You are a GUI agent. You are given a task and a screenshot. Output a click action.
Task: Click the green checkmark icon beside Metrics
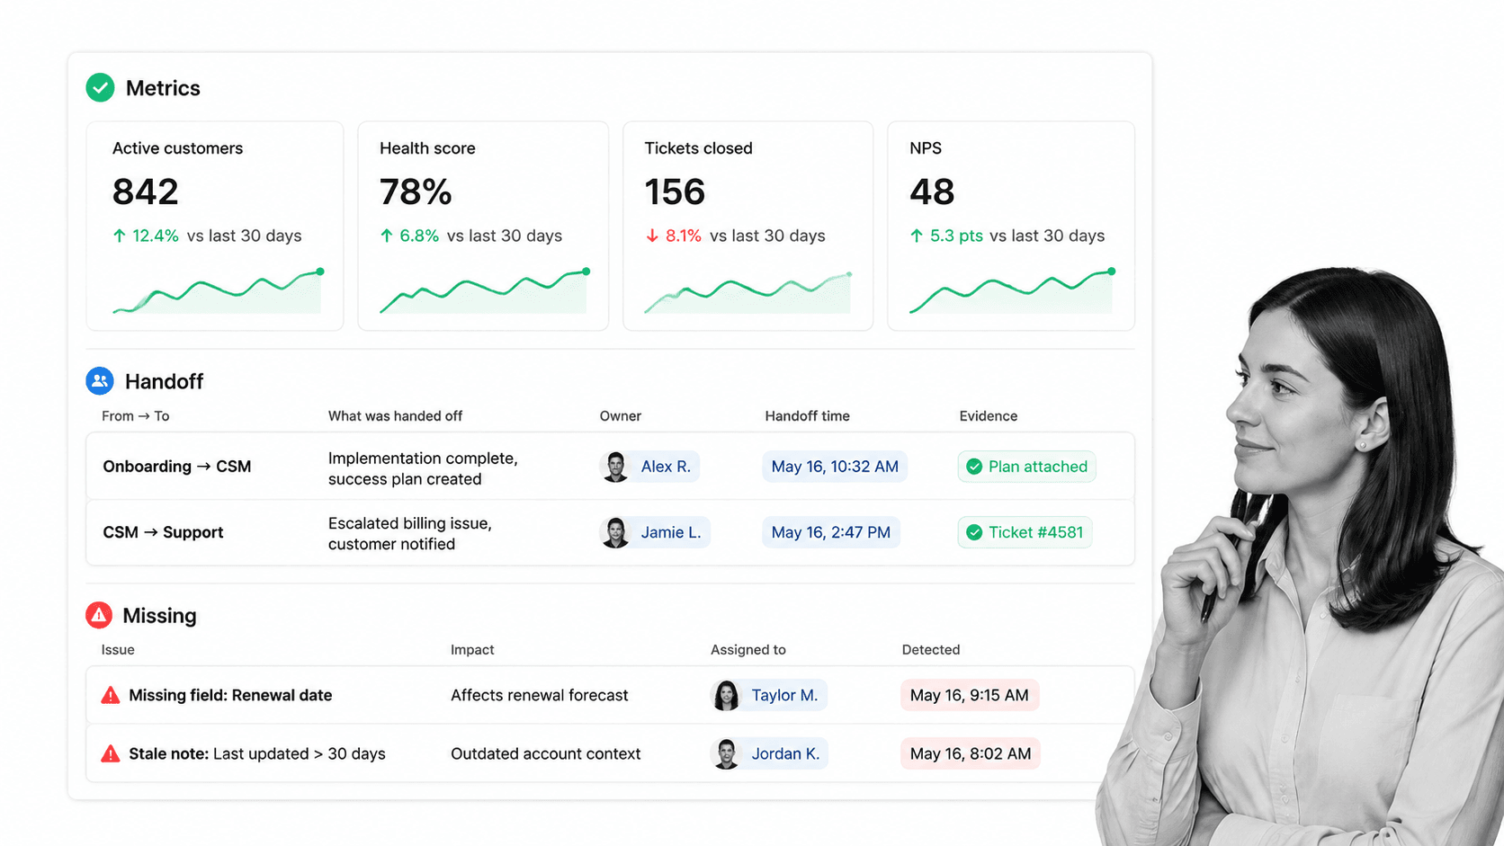click(100, 88)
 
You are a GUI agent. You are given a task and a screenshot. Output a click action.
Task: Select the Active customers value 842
click(145, 191)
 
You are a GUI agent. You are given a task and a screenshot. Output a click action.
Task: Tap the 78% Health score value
click(416, 191)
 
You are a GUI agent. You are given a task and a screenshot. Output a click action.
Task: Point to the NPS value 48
click(931, 191)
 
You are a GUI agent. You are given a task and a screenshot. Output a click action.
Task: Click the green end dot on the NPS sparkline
click(1112, 271)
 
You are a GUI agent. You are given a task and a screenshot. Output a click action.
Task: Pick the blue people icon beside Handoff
click(99, 381)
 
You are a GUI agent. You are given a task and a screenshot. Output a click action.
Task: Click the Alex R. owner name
click(666, 467)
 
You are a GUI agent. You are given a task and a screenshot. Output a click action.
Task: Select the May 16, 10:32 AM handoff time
click(835, 467)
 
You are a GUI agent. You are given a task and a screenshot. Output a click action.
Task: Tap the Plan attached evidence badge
click(1026, 467)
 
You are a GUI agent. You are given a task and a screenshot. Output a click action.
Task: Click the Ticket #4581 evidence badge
click(1025, 533)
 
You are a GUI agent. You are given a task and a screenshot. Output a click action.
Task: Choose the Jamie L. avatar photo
click(615, 533)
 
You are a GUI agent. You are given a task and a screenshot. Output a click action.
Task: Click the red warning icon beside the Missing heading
click(99, 615)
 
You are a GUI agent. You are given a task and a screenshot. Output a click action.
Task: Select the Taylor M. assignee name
click(784, 696)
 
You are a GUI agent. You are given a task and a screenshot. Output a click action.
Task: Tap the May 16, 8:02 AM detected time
click(971, 754)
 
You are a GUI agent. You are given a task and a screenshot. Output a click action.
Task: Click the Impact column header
click(472, 649)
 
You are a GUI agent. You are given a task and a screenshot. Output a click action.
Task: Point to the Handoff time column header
click(807, 416)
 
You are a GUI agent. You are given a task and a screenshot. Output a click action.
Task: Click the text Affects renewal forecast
click(539, 696)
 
